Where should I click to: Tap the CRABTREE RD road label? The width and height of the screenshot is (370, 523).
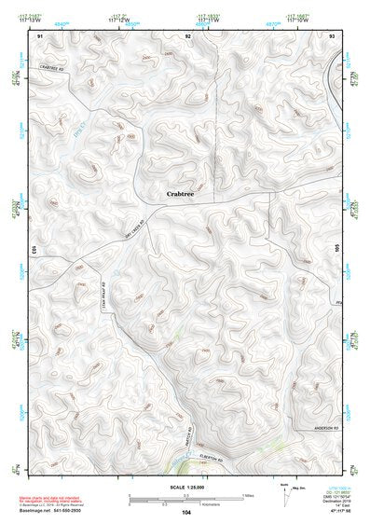pyautogui.click(x=56, y=68)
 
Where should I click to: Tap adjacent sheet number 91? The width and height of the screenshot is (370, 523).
pyautogui.click(x=40, y=34)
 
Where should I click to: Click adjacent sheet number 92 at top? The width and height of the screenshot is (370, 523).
pyautogui.click(x=187, y=34)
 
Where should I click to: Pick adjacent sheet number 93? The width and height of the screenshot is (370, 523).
pyautogui.click(x=332, y=34)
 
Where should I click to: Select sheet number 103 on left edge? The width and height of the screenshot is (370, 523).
pyautogui.click(x=33, y=251)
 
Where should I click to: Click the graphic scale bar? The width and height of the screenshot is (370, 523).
pyautogui.click(x=186, y=497)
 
